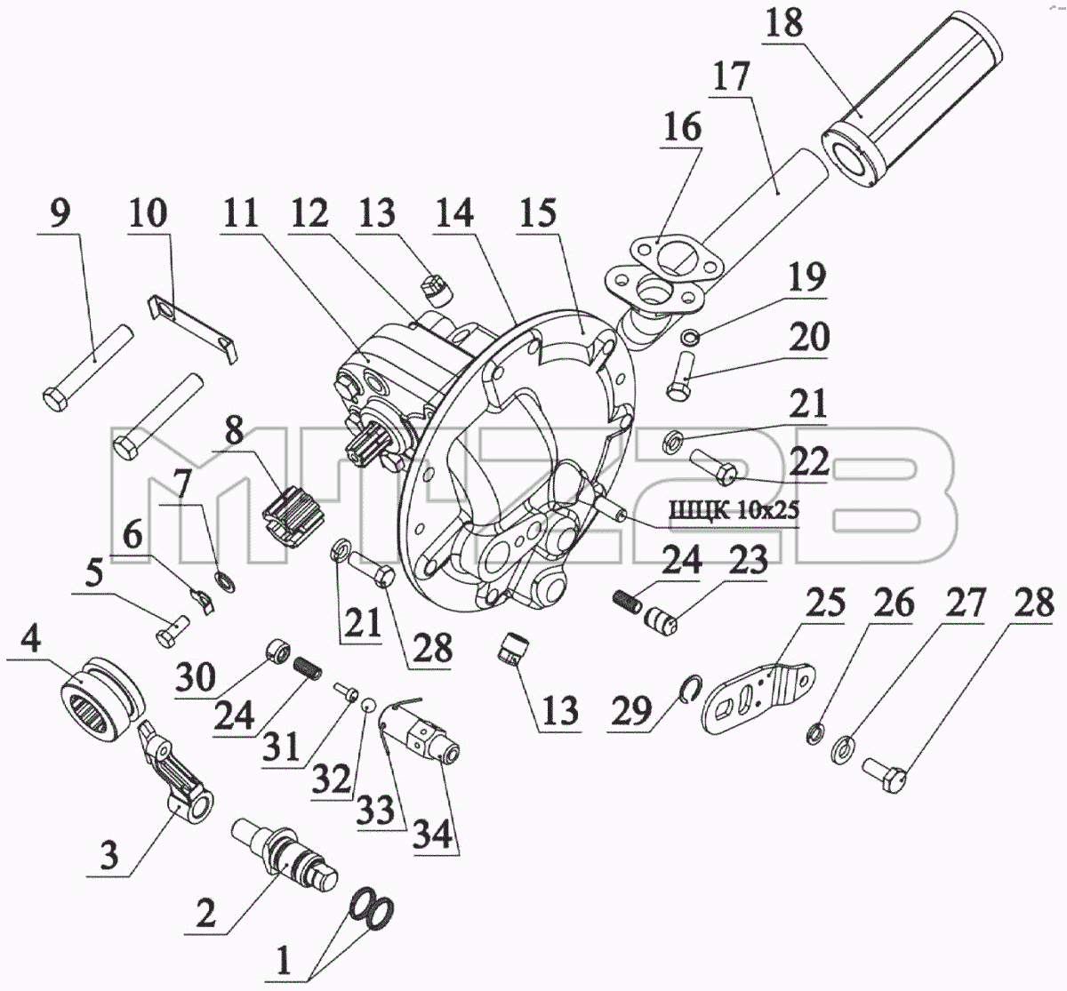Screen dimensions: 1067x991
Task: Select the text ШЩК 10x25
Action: (734, 509)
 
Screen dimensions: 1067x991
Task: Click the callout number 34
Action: (433, 832)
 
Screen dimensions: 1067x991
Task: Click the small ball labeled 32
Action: (366, 706)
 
